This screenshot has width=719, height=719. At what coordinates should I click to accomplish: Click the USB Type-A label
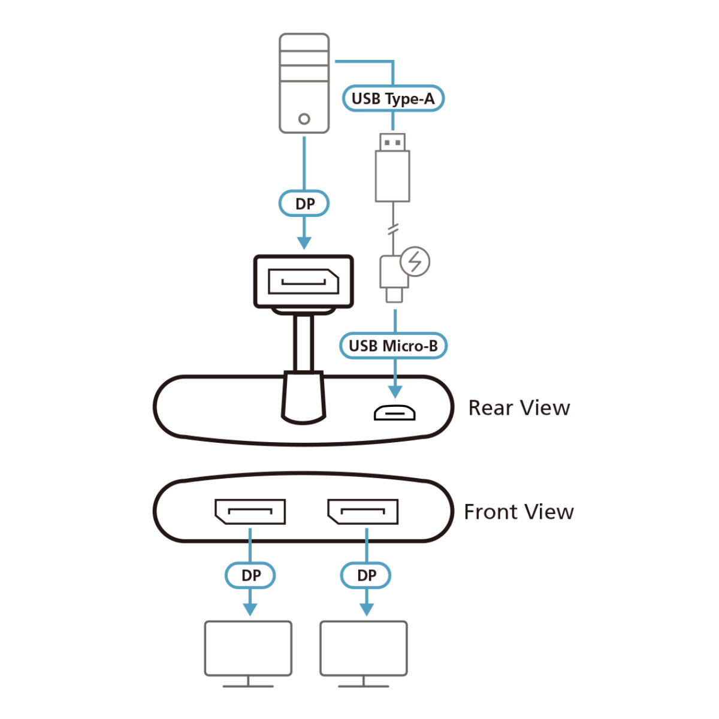393,99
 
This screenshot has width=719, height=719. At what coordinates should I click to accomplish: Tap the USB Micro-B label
393,346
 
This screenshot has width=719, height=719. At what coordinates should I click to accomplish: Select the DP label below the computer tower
304,204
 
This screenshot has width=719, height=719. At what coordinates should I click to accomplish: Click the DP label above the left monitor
250,576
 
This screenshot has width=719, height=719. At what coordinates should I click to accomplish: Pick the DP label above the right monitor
366,576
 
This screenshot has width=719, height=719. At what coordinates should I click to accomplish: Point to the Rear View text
519,408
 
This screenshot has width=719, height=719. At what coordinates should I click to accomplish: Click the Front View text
519,512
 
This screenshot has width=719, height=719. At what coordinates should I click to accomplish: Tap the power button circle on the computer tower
304,119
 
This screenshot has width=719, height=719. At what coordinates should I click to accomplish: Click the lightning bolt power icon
415,262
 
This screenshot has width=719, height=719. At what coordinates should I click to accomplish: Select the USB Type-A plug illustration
392,168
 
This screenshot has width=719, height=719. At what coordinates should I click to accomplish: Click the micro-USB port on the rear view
395,413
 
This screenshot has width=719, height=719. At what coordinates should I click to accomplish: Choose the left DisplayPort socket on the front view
250,512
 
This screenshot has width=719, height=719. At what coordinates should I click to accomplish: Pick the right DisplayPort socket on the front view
362,512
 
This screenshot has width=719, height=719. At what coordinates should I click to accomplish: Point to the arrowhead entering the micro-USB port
395,392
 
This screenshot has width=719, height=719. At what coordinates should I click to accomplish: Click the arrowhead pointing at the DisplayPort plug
304,243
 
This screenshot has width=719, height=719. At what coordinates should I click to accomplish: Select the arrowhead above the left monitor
250,609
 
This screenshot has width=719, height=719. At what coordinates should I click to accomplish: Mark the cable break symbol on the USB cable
393,229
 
